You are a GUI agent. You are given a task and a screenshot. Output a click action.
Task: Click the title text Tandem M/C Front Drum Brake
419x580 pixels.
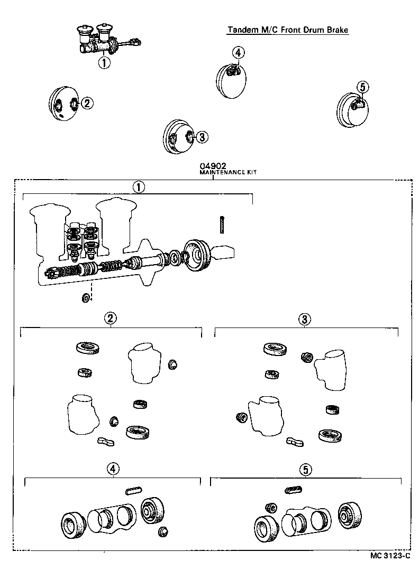tap(288, 30)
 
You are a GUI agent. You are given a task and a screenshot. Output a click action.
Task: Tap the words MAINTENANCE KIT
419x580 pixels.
tap(227, 172)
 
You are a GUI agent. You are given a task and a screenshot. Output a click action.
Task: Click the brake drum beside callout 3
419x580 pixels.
tap(177, 138)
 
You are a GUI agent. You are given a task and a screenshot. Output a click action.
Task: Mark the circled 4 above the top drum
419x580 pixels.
tap(238, 52)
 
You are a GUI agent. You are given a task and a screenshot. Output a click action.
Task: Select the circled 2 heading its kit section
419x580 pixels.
tap(111, 318)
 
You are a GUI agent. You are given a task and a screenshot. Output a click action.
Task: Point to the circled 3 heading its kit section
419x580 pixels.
tap(305, 319)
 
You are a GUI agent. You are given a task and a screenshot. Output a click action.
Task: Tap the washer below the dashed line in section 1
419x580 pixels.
tap(85, 299)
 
